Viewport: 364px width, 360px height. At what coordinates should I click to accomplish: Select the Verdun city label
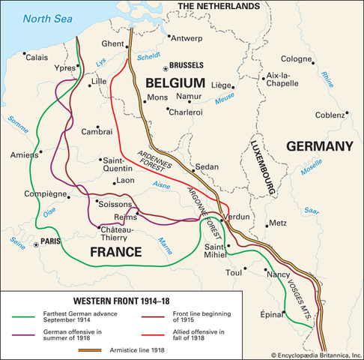[x=237, y=216]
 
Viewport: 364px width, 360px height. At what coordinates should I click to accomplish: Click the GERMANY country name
[x=318, y=146]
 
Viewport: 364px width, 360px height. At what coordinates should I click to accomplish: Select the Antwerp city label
[x=187, y=37]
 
